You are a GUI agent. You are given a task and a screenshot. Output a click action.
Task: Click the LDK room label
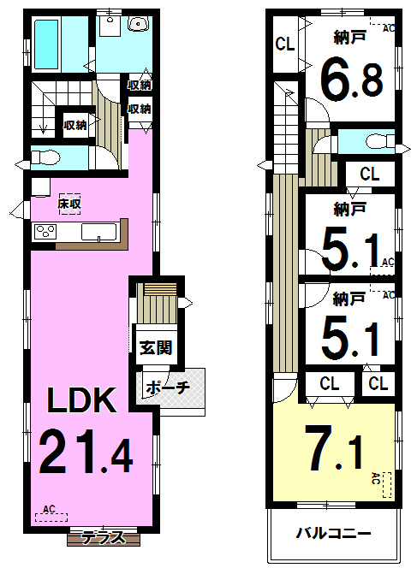[82, 400]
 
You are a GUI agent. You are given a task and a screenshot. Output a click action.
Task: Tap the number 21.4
[86, 451]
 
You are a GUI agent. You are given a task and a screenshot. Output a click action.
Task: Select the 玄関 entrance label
[156, 348]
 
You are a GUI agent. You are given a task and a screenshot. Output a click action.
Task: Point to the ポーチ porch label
[168, 388]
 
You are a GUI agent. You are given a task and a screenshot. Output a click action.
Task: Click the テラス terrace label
[104, 537]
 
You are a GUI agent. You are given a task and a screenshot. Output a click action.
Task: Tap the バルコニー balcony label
[334, 534]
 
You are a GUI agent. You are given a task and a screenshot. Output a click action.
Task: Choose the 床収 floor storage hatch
[69, 204]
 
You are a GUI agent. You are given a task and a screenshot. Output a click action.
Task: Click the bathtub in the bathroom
[46, 44]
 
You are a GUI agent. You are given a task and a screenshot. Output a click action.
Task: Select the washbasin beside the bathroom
[138, 24]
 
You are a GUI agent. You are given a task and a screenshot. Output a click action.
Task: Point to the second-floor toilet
[380, 140]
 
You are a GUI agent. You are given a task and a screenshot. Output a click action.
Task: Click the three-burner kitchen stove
[45, 232]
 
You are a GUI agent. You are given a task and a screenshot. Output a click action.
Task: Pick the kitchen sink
[99, 232]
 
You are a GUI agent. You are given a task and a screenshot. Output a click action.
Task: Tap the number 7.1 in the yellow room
[335, 447]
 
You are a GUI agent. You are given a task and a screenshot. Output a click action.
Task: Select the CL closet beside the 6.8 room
[284, 44]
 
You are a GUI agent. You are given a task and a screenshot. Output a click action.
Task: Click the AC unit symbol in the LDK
[51, 513]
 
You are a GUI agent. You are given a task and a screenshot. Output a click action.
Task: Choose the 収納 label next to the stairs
[75, 125]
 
